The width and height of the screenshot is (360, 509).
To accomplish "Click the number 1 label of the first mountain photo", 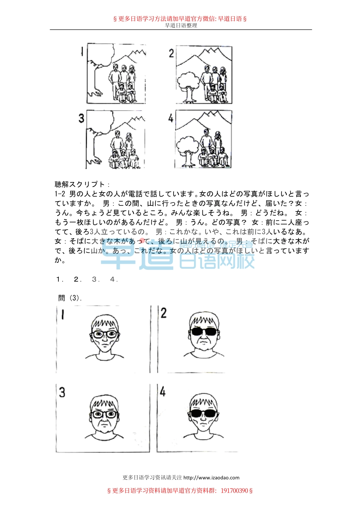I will coord(82,52).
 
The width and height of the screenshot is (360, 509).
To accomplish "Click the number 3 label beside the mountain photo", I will coord(81,118).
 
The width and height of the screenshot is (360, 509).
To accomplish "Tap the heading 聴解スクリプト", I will coord(82,185).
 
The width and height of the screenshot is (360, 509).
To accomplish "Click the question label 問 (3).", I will coord(70,298).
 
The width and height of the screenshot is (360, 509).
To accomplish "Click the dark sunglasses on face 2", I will coord(204,332).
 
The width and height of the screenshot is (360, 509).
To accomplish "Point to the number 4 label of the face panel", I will coord(163,392).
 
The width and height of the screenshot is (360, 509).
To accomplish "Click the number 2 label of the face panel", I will coord(163,313).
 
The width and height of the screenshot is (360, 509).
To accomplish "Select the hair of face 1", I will coord(105,322).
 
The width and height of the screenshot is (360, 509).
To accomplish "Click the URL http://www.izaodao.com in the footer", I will coord(211,478).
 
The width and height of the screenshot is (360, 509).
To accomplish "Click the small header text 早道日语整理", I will coord(181,25).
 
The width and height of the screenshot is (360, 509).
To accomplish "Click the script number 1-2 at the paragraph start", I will coord(60,194).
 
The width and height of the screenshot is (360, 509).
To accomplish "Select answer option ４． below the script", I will coord(114,279).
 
